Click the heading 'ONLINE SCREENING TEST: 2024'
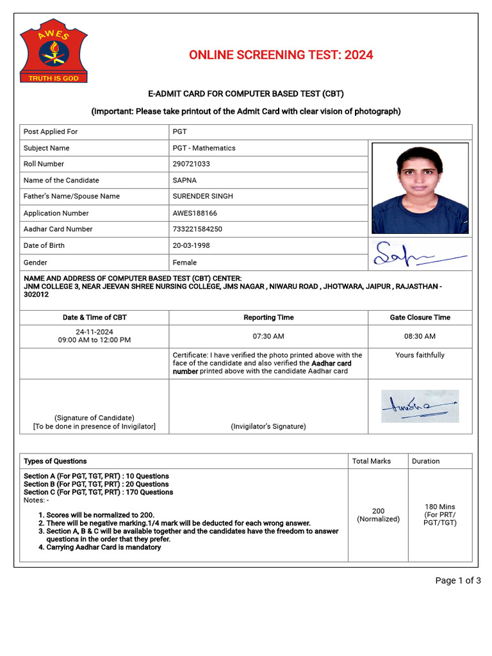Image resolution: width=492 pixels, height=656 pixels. pyautogui.click(x=281, y=55)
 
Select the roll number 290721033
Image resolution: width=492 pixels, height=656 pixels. pyautogui.click(x=191, y=164)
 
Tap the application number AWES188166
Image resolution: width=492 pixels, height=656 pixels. pyautogui.click(x=195, y=213)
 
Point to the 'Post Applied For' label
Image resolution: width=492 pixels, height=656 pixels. pyautogui.click(x=51, y=131)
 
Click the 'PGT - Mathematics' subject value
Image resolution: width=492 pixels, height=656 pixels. pyautogui.click(x=204, y=148)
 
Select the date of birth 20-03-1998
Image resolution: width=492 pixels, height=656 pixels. pyautogui.click(x=191, y=245)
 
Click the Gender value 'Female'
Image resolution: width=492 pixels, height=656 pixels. pyautogui.click(x=184, y=263)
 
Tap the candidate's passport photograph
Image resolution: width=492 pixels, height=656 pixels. pyautogui.click(x=420, y=188)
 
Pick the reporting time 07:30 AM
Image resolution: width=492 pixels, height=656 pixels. pyautogui.click(x=268, y=336)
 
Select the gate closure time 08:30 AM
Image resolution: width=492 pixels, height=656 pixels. pyautogui.click(x=420, y=336)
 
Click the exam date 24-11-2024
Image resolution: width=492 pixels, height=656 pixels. pyautogui.click(x=94, y=332)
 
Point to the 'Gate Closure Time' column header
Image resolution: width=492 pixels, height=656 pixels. pyautogui.click(x=420, y=317)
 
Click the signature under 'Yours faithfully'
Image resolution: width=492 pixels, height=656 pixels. pyautogui.click(x=420, y=406)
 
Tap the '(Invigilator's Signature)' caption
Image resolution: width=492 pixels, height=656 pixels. pyautogui.click(x=268, y=427)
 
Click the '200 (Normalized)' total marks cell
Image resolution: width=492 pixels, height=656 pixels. pyautogui.click(x=378, y=515)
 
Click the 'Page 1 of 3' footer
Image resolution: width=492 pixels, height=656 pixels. pyautogui.click(x=458, y=580)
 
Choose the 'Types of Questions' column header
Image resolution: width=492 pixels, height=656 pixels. pyautogui.click(x=55, y=461)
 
